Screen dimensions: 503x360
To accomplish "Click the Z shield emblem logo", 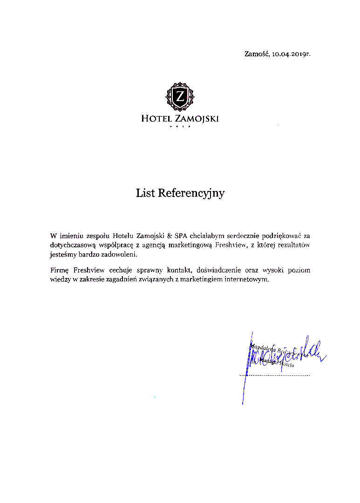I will point(179,96).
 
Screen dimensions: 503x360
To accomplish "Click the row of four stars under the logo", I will point(180,127).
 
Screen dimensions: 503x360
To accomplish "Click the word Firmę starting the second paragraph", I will point(60,270).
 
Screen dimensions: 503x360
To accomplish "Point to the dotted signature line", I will point(274,375).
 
